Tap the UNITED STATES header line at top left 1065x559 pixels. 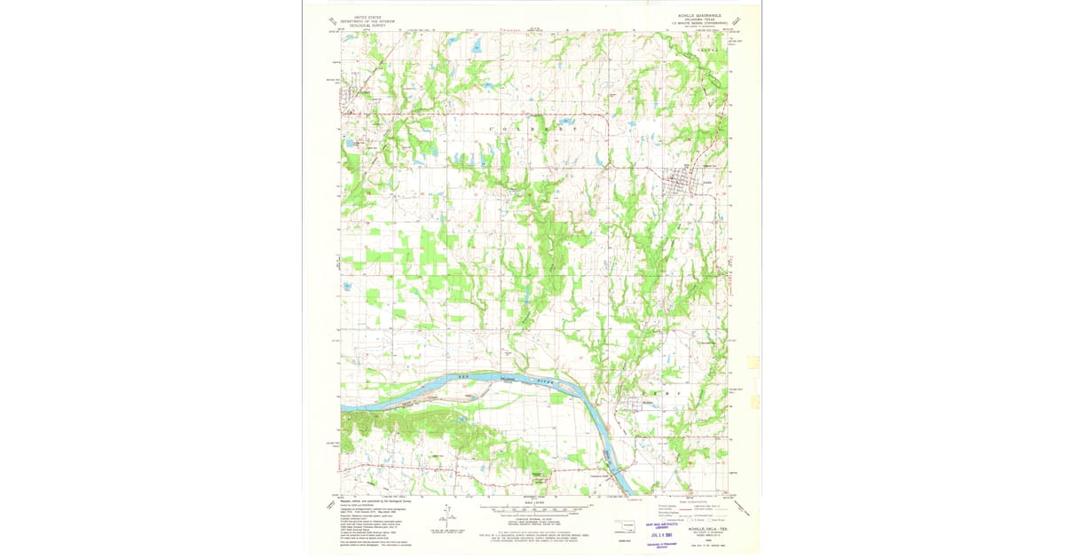(x=368, y=17)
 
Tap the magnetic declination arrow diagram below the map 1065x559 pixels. (x=441, y=519)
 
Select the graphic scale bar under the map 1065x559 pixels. (x=533, y=509)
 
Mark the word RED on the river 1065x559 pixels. (x=460, y=378)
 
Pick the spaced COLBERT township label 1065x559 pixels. (x=532, y=130)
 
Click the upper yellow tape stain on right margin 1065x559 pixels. (x=753, y=362)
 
